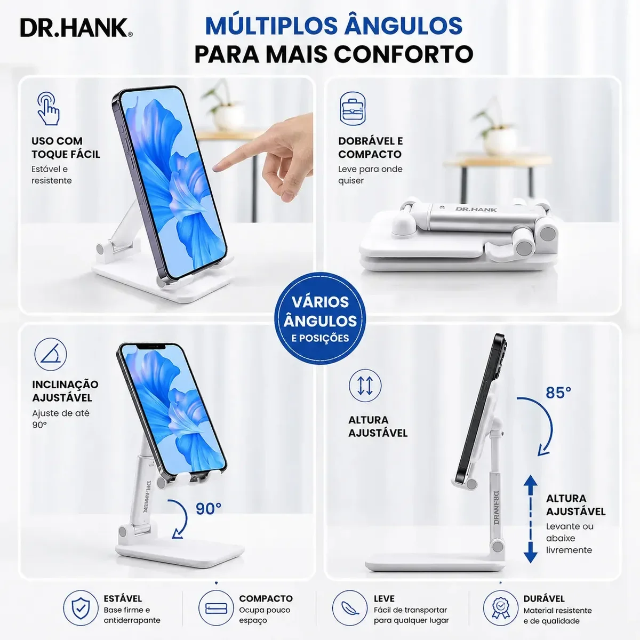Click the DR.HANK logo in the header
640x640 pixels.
coord(76,28)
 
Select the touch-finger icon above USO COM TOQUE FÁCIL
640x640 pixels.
coord(48,109)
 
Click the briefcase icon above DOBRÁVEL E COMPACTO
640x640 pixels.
coord(353,109)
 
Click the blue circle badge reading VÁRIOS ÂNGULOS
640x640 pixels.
coord(320,319)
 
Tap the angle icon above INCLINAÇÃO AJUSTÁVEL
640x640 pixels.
coord(51,354)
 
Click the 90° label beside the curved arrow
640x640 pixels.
coord(208,508)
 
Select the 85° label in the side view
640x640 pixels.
coord(558,393)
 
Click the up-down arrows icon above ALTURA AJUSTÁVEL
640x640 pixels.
coord(365,385)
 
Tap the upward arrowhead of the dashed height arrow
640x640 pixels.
coord(530,481)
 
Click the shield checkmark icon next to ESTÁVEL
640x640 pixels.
coord(81,608)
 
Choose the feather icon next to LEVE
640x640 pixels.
coord(350,608)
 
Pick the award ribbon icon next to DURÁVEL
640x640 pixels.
coord(500,608)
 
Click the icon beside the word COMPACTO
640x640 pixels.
coord(216,608)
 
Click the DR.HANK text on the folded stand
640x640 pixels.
coord(476,209)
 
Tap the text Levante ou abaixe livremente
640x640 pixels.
coord(569,538)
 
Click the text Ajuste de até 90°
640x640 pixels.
coord(60,419)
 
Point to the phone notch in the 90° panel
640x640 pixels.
coord(151,347)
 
